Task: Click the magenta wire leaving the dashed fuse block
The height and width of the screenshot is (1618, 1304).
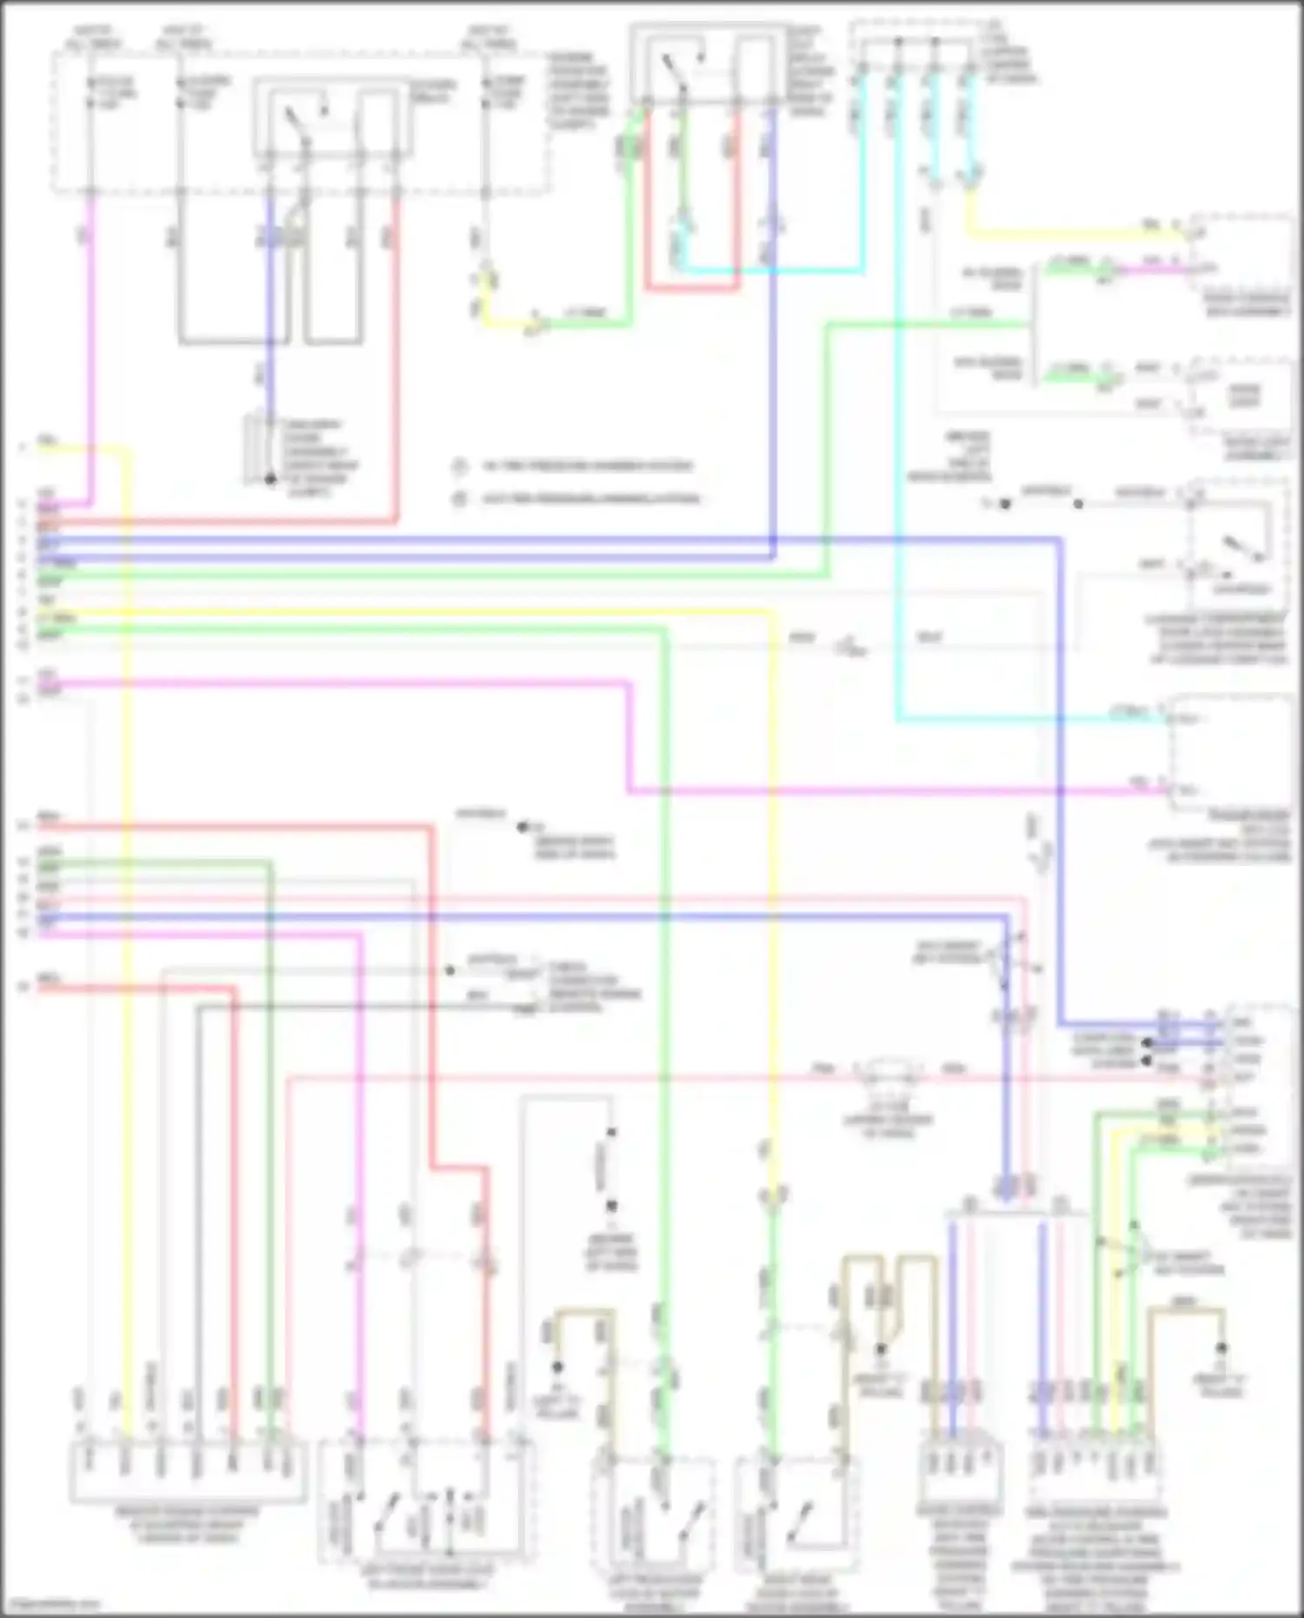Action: pos(90,348)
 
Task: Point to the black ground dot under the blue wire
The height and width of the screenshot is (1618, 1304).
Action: pos(270,479)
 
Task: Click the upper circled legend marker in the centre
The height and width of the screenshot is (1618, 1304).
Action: pos(459,467)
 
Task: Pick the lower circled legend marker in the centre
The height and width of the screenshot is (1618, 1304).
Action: pos(459,499)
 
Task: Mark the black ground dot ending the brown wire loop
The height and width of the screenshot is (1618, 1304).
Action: pos(1221,1348)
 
